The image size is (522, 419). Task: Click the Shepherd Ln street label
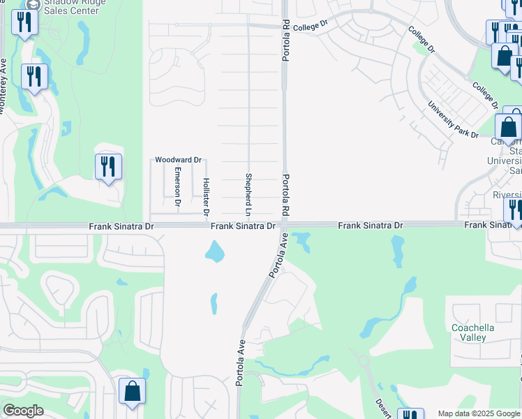248,193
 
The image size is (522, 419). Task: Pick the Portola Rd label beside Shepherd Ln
286,193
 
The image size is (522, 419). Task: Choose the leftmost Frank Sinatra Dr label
121,226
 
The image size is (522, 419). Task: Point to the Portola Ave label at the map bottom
240,363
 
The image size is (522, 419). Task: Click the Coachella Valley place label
478,332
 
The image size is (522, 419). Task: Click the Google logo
23,411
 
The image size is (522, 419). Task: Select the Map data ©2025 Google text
479,413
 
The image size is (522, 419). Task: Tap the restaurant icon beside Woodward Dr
108,166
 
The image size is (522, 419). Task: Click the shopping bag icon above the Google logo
132,392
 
